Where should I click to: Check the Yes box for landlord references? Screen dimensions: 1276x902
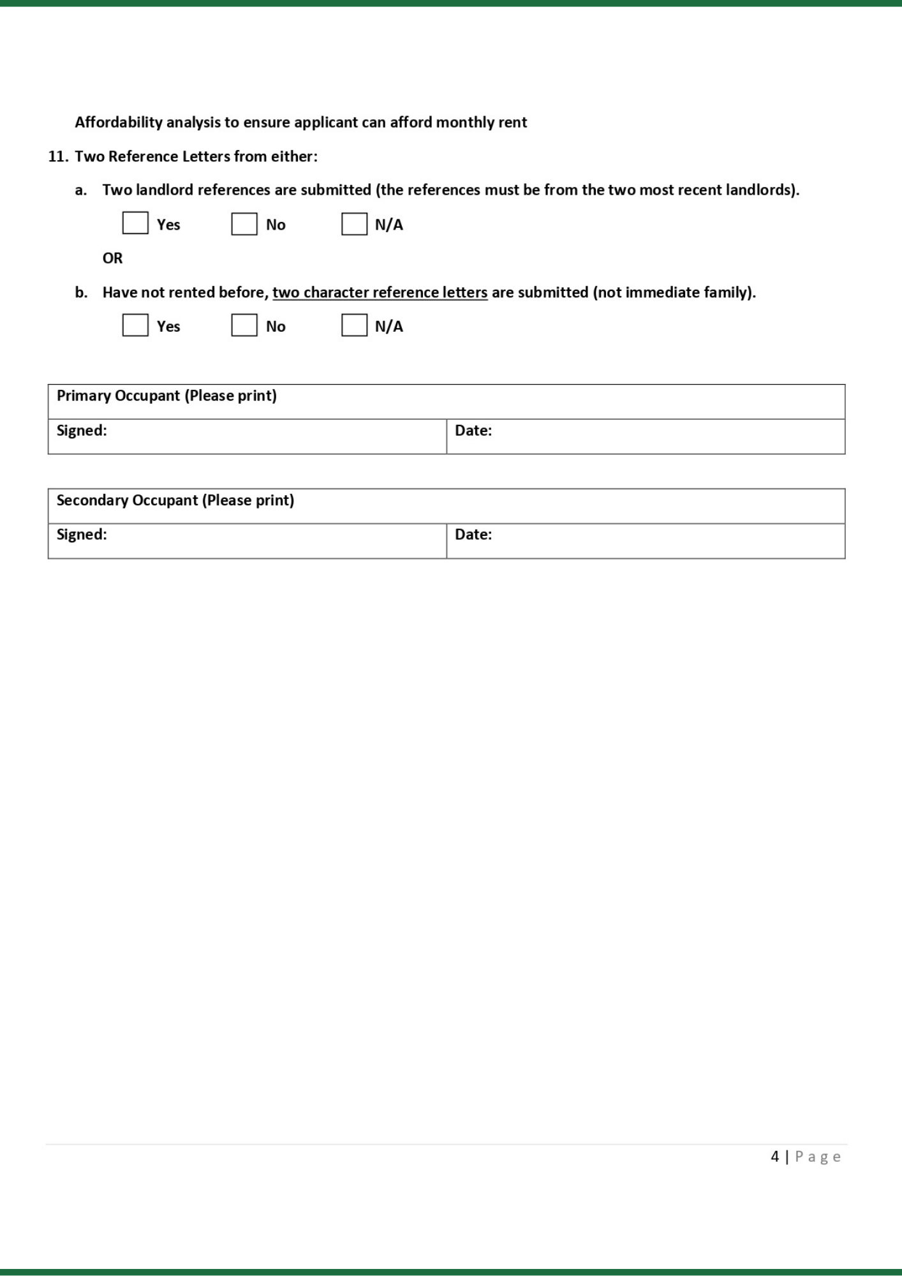(x=135, y=223)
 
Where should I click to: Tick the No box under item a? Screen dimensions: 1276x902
(x=244, y=224)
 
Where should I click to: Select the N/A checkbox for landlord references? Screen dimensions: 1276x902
(x=354, y=224)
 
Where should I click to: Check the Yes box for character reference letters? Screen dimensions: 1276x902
(x=135, y=325)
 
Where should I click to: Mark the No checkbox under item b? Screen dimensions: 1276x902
(x=244, y=325)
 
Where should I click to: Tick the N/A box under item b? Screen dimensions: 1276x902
(x=354, y=325)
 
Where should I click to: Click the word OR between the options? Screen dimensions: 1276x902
(x=112, y=258)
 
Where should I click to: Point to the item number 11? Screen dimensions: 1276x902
(x=57, y=157)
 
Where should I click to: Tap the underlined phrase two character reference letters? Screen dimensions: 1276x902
(x=380, y=293)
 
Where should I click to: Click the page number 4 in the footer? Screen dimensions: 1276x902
(x=774, y=1157)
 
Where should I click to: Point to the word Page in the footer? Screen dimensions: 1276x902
(x=818, y=1157)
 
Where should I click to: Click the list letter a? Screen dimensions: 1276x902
(x=80, y=191)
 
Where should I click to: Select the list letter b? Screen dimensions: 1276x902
(x=81, y=293)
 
